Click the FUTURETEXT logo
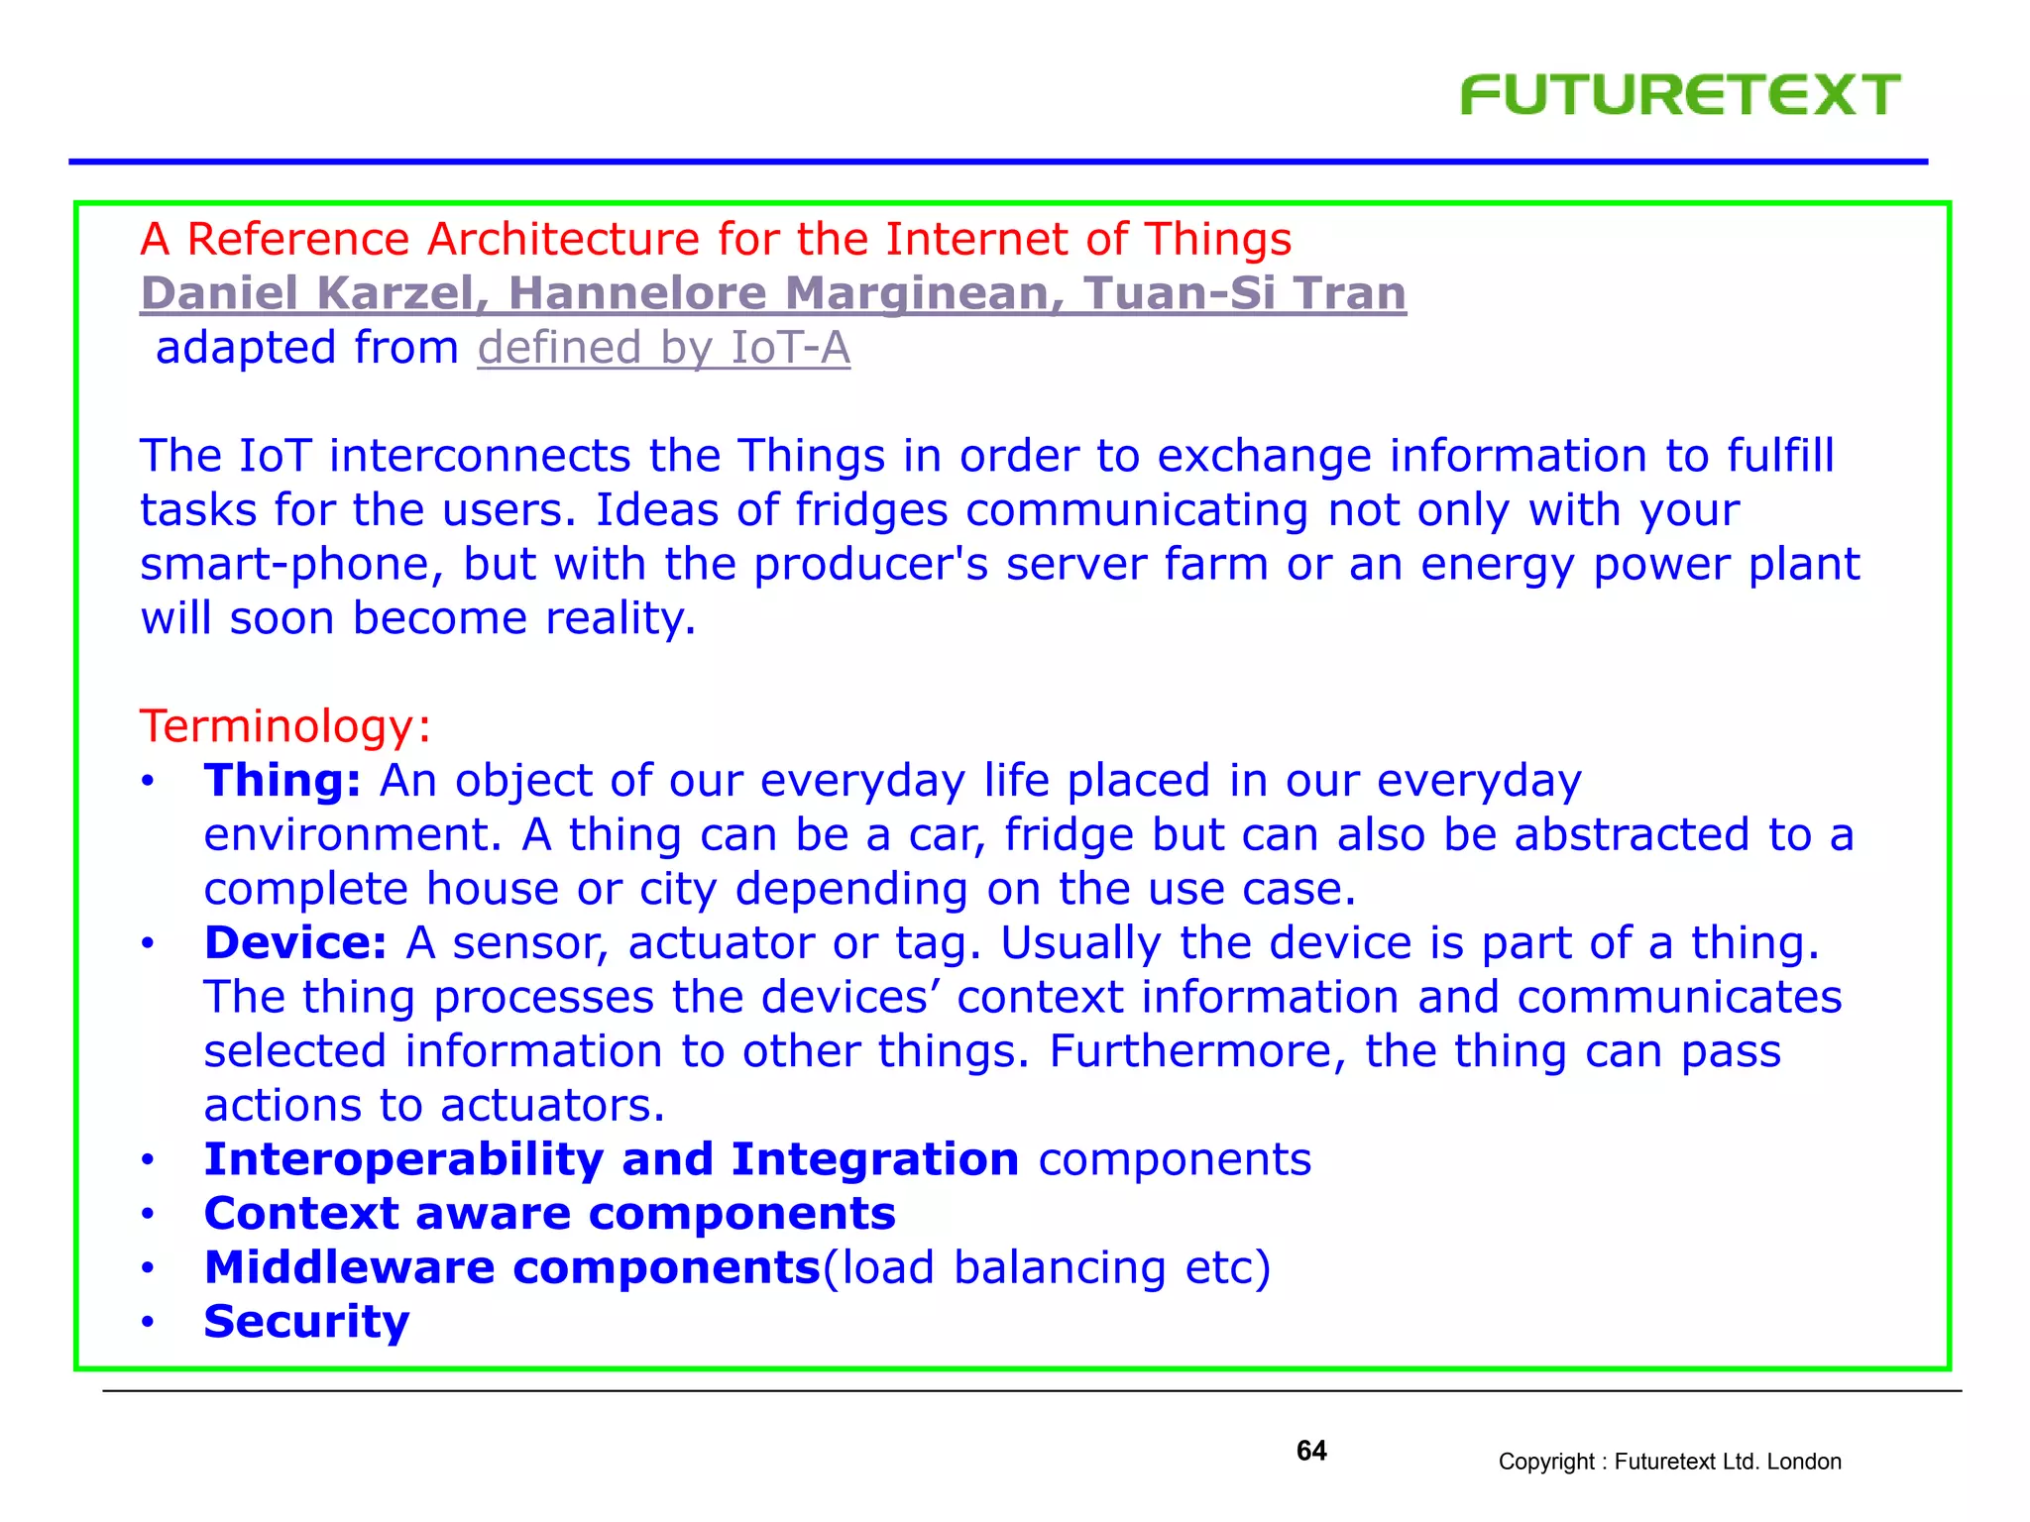pos(1679,95)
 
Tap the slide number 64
pos(1310,1451)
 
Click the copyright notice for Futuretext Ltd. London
pos(1669,1462)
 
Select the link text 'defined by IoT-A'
pos(663,348)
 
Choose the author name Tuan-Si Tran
pos(1244,293)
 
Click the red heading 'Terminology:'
pos(285,726)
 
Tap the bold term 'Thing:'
pos(282,781)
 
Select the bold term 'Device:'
pos(295,942)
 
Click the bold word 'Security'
pos(306,1322)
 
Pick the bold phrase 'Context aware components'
pos(549,1214)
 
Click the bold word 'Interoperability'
pos(403,1160)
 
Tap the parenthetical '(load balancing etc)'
pos(1047,1268)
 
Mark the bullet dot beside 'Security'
pos(148,1323)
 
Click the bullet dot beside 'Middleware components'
pos(148,1269)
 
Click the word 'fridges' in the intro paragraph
pos(871,510)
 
